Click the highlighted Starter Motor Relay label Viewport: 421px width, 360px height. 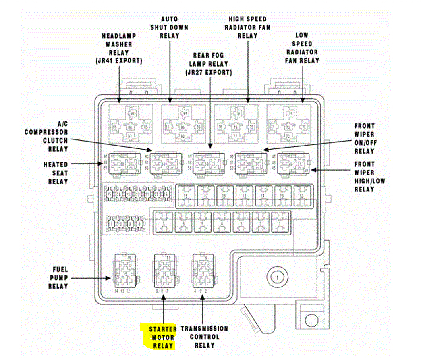tap(162, 337)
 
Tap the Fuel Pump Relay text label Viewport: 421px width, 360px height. tap(58, 278)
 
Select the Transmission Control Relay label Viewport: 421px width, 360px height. tap(204, 337)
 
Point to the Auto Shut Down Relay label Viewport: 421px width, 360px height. tap(169, 27)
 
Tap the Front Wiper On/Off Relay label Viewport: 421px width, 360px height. tap(364, 139)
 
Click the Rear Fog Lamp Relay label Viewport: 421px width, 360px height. tap(209, 64)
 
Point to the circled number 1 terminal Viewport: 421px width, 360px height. tap(277, 277)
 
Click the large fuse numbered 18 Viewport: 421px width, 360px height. tap(186, 196)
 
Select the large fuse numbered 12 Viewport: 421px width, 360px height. tap(301, 196)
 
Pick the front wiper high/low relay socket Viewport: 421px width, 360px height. tap(292, 164)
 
